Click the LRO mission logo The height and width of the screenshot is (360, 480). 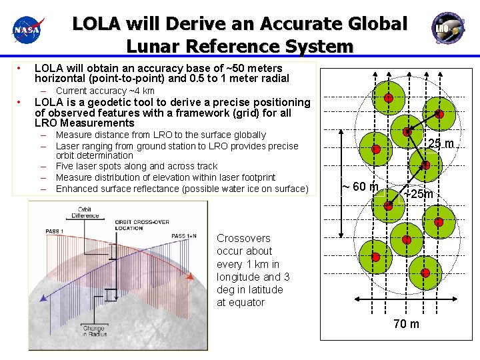443,26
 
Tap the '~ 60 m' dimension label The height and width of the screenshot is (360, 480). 360,186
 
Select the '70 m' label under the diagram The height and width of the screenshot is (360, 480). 407,324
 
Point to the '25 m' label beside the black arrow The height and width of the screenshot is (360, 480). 441,143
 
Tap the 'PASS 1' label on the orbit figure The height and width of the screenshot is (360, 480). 55,231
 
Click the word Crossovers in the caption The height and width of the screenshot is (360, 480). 243,238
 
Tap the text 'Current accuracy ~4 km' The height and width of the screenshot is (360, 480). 105,91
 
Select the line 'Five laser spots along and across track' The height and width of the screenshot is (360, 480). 136,166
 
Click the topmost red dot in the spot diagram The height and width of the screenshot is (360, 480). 388,98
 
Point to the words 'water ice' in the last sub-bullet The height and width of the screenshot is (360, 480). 254,189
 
